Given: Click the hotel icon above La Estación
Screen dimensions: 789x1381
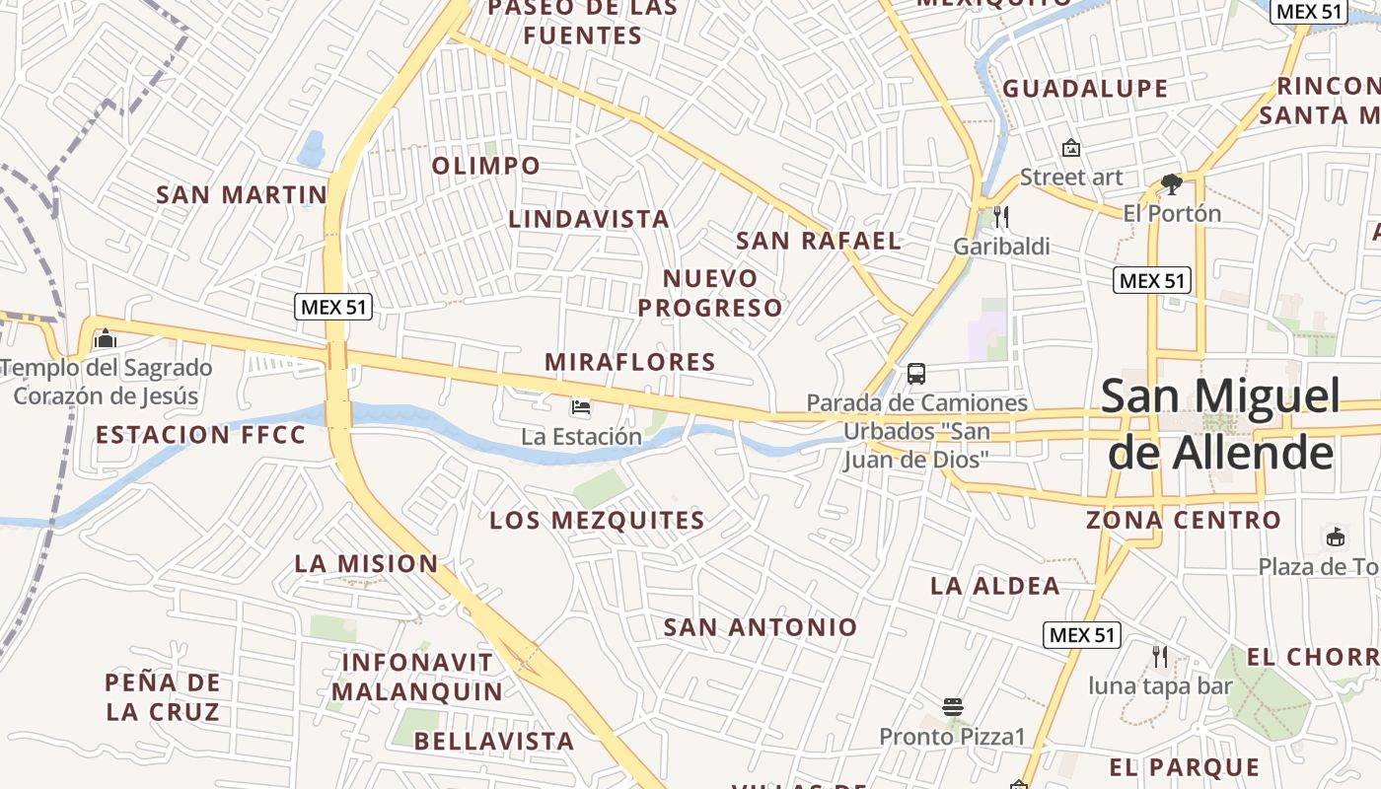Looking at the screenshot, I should (581, 406).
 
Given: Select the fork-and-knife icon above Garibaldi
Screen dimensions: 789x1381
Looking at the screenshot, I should (1001, 216).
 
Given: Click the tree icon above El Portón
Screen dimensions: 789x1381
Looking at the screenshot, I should (1171, 183).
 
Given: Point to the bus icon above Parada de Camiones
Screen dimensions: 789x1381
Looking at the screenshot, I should (916, 374).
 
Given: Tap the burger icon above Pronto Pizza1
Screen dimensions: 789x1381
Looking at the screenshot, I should (952, 707).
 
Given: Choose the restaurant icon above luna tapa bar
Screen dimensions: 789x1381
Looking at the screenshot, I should (1160, 656).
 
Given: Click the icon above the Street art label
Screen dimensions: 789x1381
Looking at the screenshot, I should (1070, 148).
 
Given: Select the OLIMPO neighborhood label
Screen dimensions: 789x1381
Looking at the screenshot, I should (486, 166).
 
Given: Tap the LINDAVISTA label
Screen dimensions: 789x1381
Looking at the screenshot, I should (589, 219).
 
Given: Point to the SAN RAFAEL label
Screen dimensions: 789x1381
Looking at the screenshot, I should (819, 241).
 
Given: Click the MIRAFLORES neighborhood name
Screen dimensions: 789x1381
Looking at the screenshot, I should (630, 362).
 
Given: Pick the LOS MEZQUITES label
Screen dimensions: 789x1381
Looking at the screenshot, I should (597, 521).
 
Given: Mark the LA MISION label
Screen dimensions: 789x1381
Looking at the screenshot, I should (366, 564).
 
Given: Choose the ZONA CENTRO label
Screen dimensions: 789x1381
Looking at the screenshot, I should (1184, 520).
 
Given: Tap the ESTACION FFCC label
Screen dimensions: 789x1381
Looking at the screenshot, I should (201, 435).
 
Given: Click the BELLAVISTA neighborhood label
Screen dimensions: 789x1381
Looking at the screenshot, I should (493, 741).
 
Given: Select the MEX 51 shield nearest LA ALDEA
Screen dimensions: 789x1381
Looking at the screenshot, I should (1081, 635).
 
